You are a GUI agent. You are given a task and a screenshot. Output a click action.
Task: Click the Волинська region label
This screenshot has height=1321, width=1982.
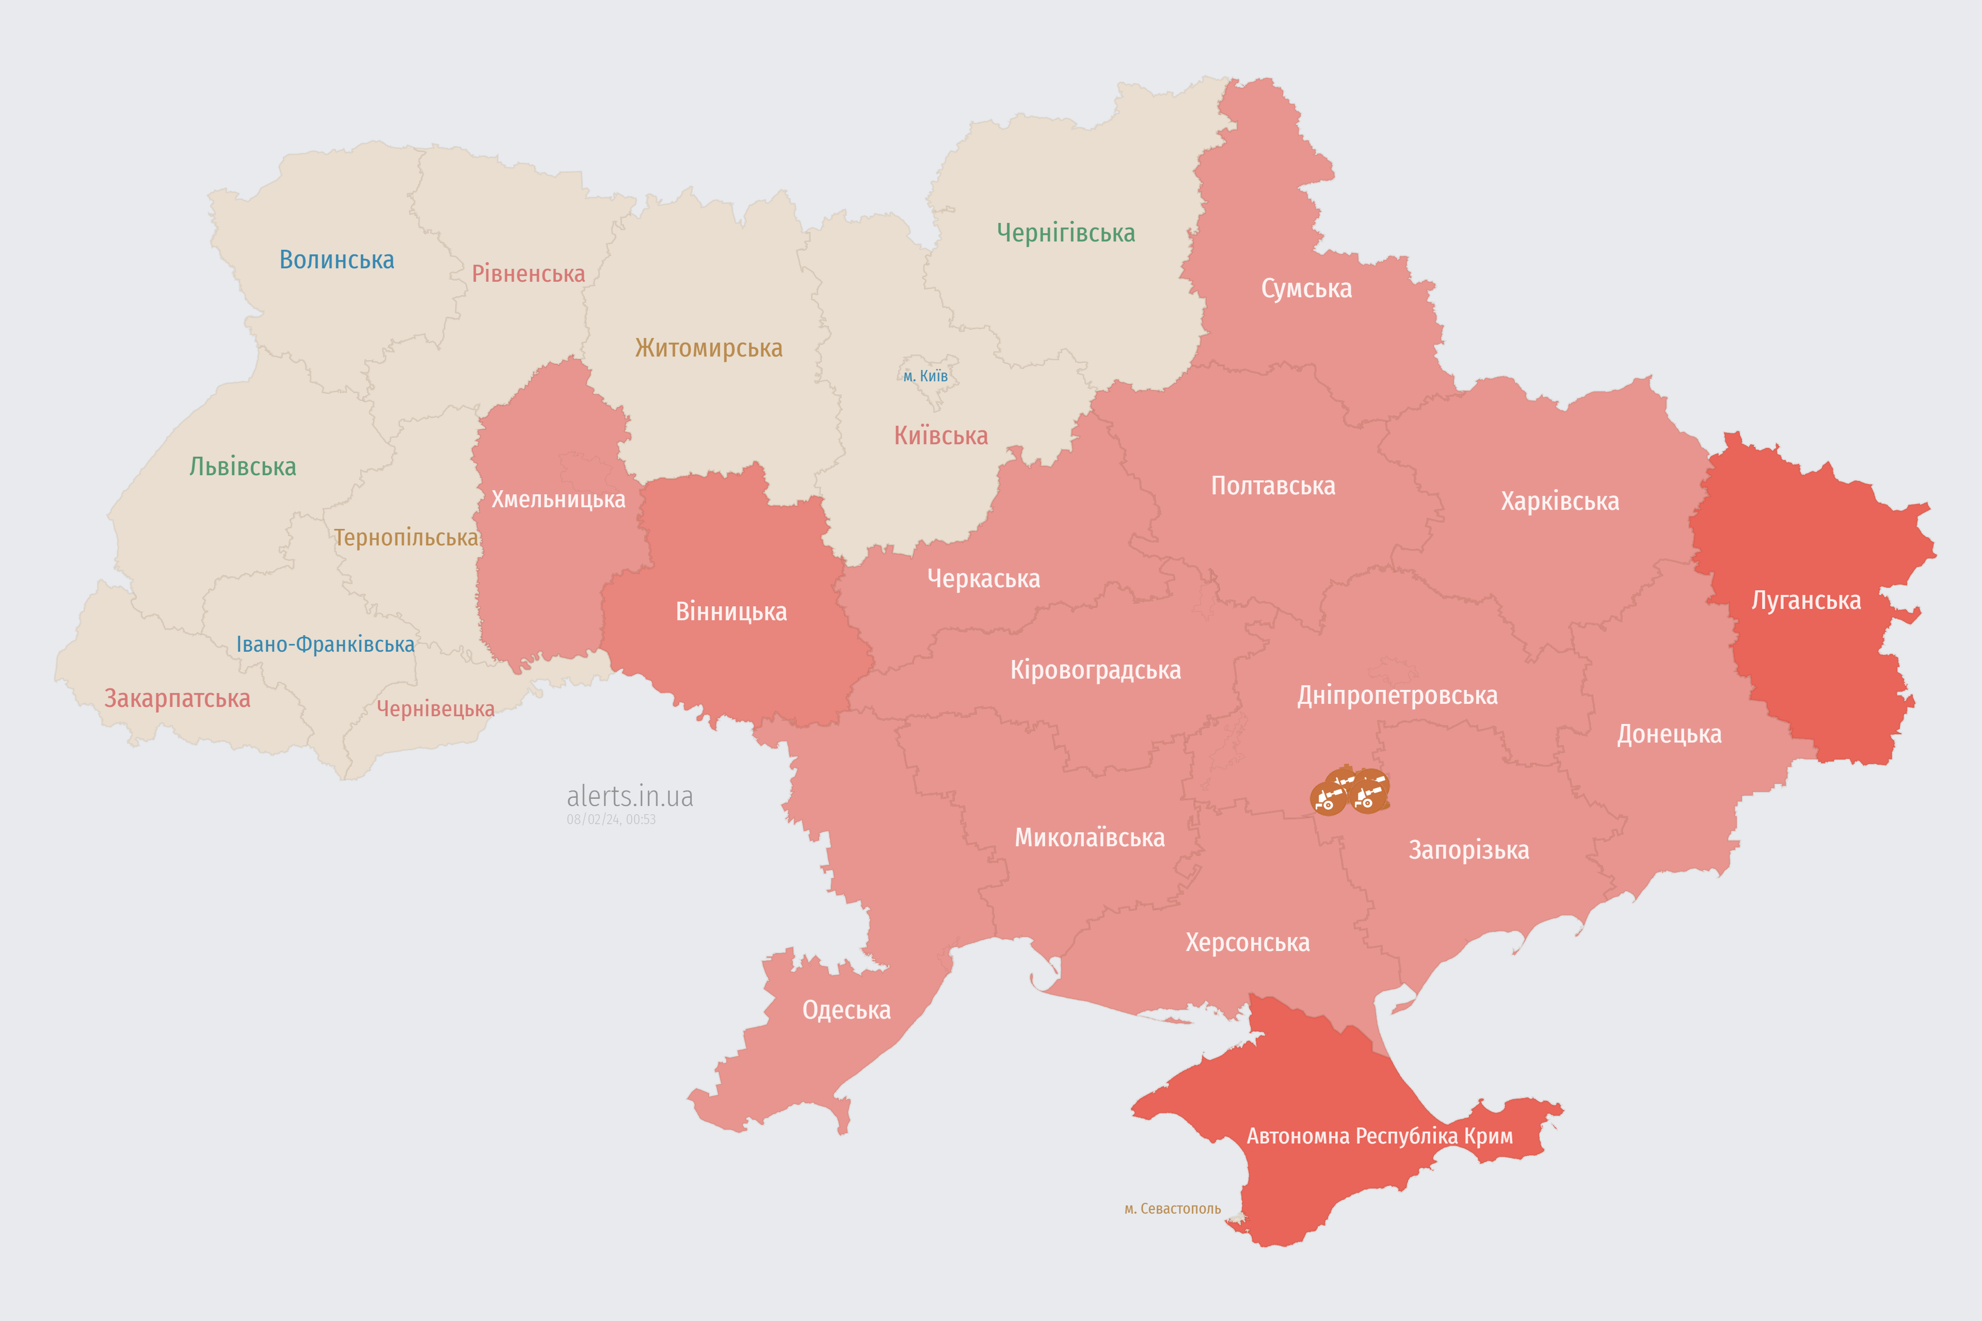coord(336,260)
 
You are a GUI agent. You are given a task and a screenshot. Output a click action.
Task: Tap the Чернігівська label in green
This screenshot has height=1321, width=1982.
coord(1065,233)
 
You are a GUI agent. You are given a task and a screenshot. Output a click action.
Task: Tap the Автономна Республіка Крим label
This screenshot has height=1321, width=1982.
coord(1380,1136)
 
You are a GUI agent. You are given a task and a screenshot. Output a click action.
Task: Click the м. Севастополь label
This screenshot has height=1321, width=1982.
coord(1172,1209)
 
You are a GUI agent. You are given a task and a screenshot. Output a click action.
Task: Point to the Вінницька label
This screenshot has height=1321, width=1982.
coord(731,611)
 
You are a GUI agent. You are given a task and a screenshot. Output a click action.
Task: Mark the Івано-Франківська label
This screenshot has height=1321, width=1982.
coord(325,645)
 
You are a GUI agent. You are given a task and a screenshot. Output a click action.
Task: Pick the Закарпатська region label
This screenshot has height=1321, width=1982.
coord(177,698)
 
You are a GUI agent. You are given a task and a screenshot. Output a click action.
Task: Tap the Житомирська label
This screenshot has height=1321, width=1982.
coord(709,347)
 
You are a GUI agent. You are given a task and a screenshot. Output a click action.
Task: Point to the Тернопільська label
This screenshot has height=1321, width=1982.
coord(406,538)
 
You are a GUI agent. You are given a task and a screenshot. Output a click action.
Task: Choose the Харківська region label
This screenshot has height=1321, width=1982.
coord(1560,501)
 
